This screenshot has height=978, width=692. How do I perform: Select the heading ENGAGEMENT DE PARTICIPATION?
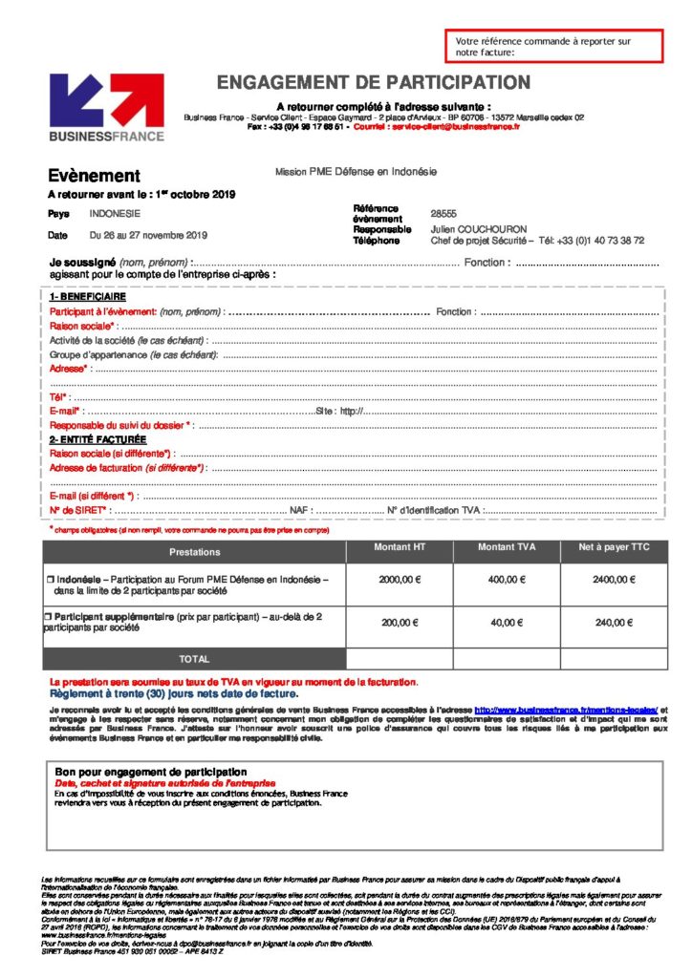(373, 83)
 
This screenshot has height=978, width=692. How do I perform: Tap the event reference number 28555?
(443, 214)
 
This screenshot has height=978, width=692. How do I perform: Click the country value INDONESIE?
(115, 214)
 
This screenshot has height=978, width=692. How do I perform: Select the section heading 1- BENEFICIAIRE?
(88, 297)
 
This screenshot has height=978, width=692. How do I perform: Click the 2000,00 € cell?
(400, 580)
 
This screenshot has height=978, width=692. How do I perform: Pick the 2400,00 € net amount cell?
(614, 580)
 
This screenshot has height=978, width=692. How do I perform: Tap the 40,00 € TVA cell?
(507, 623)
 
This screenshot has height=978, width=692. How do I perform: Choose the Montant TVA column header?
(507, 546)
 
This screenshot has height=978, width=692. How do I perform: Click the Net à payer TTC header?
(614, 546)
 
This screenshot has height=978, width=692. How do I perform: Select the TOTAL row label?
(194, 659)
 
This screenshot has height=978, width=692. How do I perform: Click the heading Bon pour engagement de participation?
(151, 772)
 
